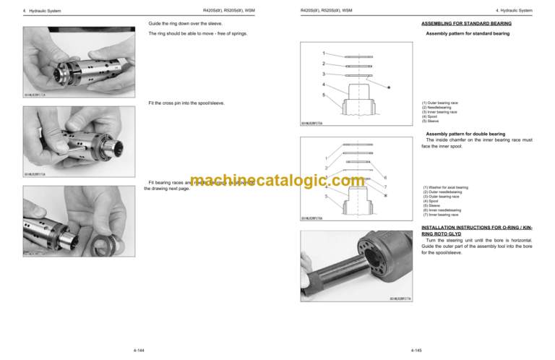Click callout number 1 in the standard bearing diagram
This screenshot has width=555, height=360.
324,53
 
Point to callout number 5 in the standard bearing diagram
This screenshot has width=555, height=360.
324,95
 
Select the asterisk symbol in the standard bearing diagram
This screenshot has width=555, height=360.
389,87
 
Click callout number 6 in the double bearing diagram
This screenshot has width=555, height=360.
386,178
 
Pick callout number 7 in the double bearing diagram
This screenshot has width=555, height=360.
386,187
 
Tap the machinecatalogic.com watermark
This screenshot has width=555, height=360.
277,185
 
